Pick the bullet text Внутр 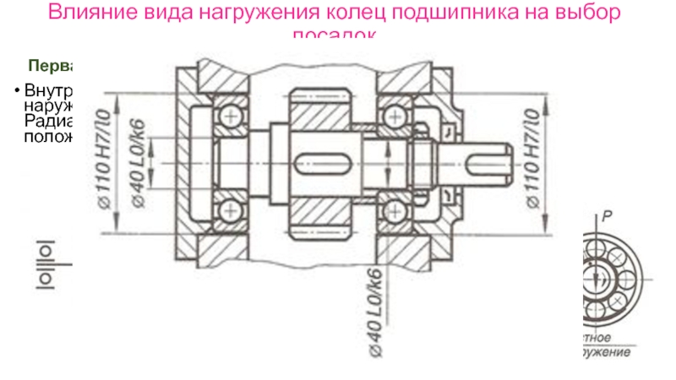(49, 90)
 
